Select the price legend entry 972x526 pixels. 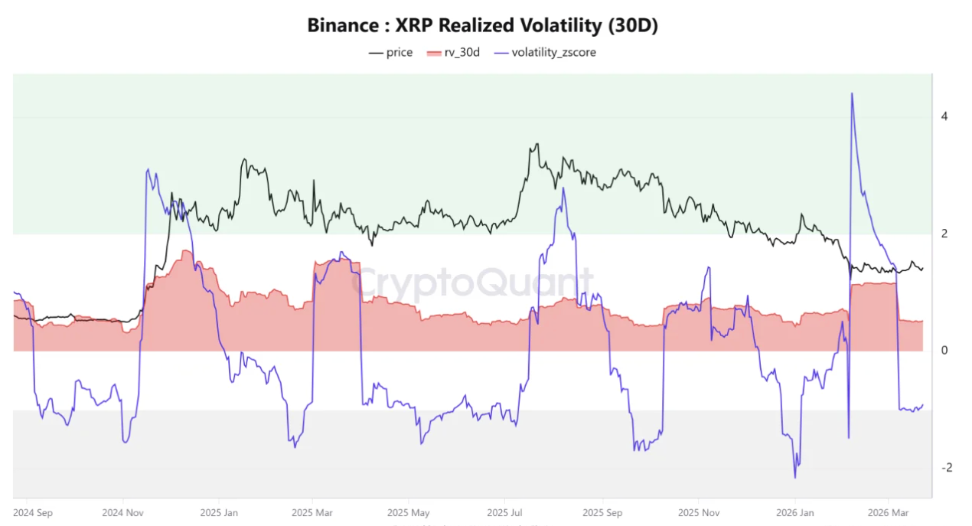tap(390, 52)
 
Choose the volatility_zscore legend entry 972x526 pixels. tap(545, 52)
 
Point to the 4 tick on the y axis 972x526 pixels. tap(944, 117)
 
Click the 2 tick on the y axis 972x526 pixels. tap(944, 234)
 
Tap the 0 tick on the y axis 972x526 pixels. tap(944, 351)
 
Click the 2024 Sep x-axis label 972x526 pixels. tap(32, 511)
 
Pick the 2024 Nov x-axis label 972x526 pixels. tap(123, 511)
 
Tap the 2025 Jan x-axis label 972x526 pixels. tap(220, 511)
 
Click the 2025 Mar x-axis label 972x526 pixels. tap(312, 511)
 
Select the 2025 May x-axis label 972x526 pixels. tap(408, 511)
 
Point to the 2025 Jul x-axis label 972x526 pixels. tap(505, 511)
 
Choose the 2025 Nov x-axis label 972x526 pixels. tap(699, 511)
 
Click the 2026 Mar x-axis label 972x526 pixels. tap(888, 511)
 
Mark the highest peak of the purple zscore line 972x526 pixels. tap(852, 93)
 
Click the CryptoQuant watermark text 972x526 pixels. tap(472, 283)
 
